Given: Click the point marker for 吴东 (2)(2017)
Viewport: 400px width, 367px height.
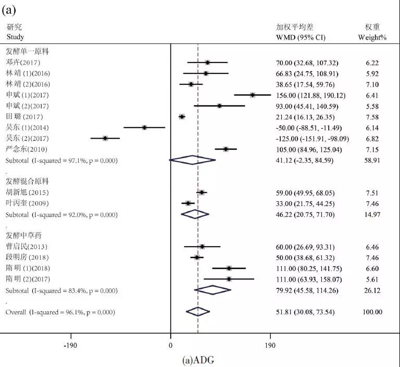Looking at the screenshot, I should (105, 138).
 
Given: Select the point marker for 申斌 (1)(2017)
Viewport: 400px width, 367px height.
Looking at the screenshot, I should (253, 95).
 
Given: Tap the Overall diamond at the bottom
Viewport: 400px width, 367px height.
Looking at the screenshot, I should (197, 312).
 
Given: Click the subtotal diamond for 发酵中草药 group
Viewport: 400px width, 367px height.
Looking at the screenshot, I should (212, 290).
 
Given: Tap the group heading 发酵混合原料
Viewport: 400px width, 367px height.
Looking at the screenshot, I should (27, 181).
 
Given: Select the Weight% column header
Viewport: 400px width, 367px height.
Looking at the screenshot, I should (371, 38).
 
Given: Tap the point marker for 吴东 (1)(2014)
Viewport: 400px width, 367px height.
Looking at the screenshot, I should (144, 127).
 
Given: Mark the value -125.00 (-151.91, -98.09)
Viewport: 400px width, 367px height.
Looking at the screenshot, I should (312, 139).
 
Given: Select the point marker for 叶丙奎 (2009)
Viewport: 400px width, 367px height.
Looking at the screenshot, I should (188, 203).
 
